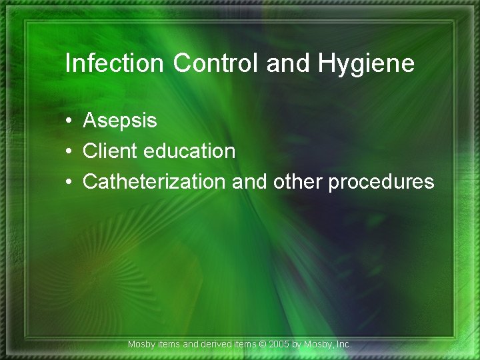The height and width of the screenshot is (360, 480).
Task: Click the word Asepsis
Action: click(x=120, y=121)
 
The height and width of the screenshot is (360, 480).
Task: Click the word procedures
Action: click(x=381, y=183)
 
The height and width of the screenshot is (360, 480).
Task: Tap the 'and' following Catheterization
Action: click(x=247, y=182)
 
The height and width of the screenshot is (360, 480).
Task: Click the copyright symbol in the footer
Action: click(x=262, y=345)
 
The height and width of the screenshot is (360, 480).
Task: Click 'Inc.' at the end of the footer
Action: click(x=343, y=345)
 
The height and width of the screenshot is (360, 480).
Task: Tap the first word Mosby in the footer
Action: click(x=141, y=345)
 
